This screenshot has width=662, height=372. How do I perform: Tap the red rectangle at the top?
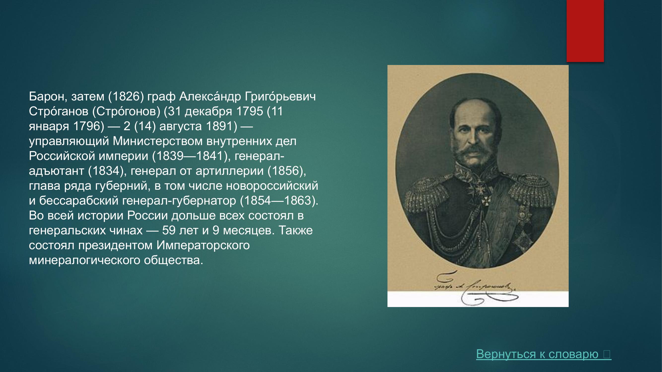(x=585, y=31)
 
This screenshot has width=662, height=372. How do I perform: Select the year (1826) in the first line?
(x=126, y=96)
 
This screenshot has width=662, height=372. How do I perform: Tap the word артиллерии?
(x=230, y=171)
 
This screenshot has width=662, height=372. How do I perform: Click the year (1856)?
(x=286, y=171)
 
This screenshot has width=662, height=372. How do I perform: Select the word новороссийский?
(x=272, y=186)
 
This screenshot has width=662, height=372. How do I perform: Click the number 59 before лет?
(x=169, y=231)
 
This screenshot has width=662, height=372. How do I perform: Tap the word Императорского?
(x=203, y=246)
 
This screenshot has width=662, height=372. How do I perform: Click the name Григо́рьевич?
(x=280, y=96)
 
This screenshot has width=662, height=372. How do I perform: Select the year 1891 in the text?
(x=221, y=126)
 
